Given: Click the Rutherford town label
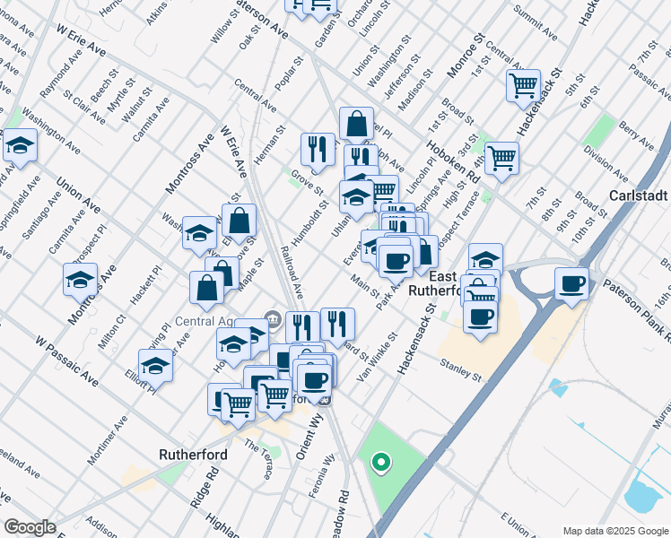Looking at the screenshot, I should click(x=192, y=455).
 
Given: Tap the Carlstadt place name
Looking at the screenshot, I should click(x=639, y=195).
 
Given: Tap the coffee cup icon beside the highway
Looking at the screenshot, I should click(x=572, y=284).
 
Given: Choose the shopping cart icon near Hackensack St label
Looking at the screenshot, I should click(x=523, y=87).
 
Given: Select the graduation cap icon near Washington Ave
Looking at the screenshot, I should click(x=19, y=146).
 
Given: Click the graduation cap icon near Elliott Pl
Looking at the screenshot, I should click(x=155, y=366).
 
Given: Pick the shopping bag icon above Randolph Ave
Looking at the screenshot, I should click(x=356, y=124).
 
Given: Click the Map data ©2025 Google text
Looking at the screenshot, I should click(x=614, y=530).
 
